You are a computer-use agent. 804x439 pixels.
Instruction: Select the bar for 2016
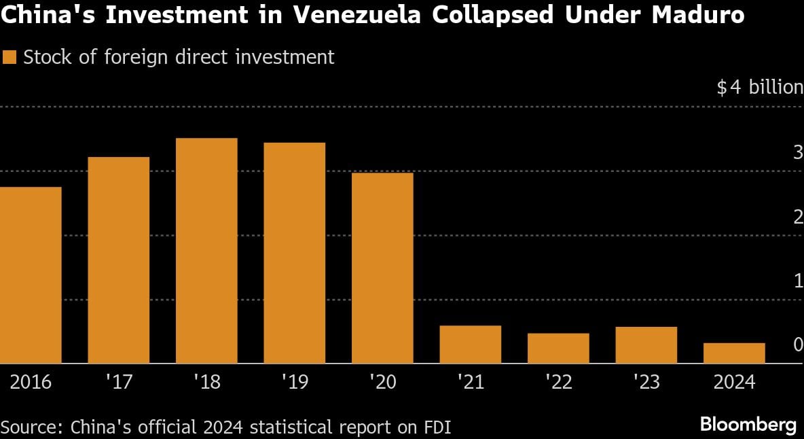(x=31, y=275)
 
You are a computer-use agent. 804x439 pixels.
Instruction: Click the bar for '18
(x=206, y=251)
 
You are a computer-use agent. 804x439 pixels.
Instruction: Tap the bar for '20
(x=382, y=268)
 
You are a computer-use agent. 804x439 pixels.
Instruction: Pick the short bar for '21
(x=470, y=345)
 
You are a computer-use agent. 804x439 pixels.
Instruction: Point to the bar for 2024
(x=734, y=353)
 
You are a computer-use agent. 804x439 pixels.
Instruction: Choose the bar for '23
(x=646, y=345)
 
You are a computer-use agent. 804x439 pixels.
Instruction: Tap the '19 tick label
(x=294, y=383)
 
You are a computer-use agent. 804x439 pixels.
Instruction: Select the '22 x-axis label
(x=558, y=383)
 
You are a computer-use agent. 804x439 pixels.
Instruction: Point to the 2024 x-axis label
(x=734, y=383)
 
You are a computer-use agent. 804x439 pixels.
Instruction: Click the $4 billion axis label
(x=759, y=88)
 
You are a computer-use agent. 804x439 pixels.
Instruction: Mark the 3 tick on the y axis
(x=798, y=152)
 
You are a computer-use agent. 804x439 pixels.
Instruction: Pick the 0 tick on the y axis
(x=798, y=345)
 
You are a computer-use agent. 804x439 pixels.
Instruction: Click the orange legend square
(x=10, y=58)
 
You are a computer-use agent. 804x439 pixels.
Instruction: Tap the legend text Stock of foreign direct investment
(x=179, y=58)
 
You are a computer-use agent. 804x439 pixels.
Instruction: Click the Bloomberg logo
(x=748, y=425)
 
